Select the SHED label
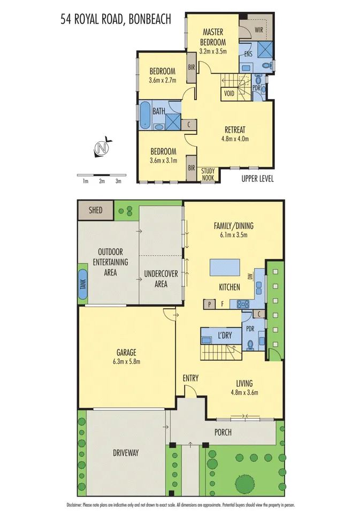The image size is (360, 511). pos(95,210)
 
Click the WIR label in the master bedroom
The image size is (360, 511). pos(260,30)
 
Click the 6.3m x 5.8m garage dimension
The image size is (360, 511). pos(127,361)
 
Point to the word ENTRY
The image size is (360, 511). pos(190,378)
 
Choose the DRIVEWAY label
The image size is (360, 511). pos(126,453)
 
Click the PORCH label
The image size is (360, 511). pos(223,432)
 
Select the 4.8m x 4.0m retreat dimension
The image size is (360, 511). pos(234,139)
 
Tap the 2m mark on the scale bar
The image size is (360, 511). pos(102,181)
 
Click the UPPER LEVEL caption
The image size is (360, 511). pos(257,179)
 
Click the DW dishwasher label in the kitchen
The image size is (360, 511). pos(250,277)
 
